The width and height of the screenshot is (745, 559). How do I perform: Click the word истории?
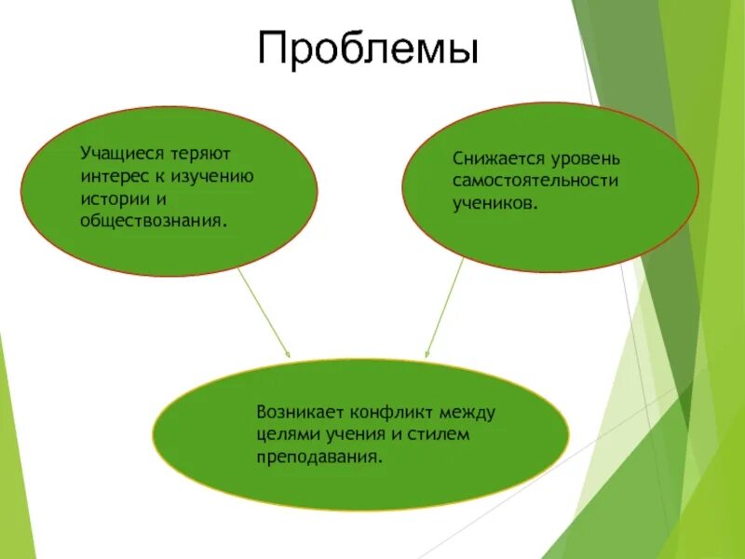113,199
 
